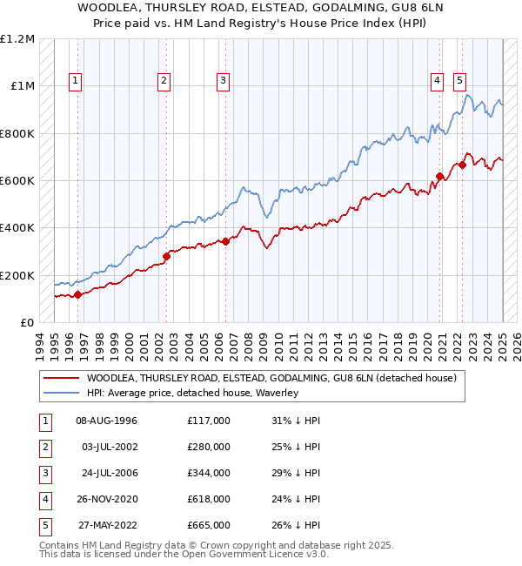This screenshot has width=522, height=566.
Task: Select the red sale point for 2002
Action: (x=166, y=256)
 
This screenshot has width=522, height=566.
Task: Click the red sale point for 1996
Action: (x=77, y=294)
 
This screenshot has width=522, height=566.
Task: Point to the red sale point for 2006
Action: (x=225, y=241)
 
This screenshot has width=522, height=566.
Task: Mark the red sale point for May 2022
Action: (x=462, y=165)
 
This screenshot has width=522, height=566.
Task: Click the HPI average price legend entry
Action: (x=192, y=394)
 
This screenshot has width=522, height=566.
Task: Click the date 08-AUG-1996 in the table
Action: (x=107, y=421)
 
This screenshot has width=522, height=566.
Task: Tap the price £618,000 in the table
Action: (x=209, y=499)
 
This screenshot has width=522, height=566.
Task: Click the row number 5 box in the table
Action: (x=44, y=525)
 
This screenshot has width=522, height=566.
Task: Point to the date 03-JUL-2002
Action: (x=109, y=447)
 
